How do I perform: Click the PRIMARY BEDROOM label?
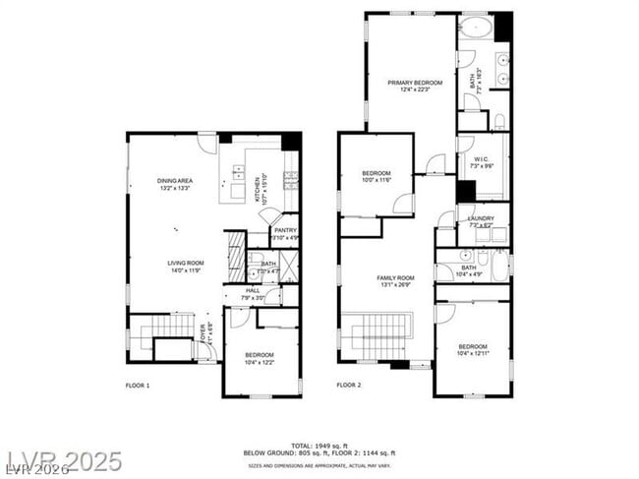pyautogui.click(x=414, y=83)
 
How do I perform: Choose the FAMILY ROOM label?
pyautogui.click(x=396, y=278)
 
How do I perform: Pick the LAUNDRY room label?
pyautogui.click(x=481, y=218)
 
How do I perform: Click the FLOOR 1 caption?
pyautogui.click(x=138, y=385)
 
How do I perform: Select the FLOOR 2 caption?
pyautogui.click(x=349, y=385)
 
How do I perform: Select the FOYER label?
pyautogui.click(x=204, y=332)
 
